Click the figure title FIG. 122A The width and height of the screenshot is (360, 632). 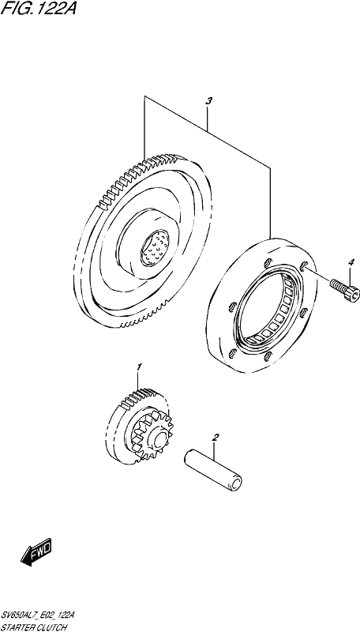pyautogui.click(x=39, y=8)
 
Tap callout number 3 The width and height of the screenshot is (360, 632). pyautogui.click(x=208, y=102)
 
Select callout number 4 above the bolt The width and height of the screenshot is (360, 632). pyautogui.click(x=351, y=263)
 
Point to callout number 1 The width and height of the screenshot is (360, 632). pyautogui.click(x=138, y=367)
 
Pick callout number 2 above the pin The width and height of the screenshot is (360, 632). pyautogui.click(x=216, y=437)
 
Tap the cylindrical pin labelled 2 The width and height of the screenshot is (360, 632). pyautogui.click(x=213, y=470)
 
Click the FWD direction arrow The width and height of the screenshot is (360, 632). pyautogui.click(x=36, y=551)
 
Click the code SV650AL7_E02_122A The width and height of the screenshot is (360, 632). pyautogui.click(x=38, y=615)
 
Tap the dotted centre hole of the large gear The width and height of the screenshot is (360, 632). pyautogui.click(x=155, y=250)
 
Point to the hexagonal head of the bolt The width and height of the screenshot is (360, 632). pyautogui.click(x=353, y=293)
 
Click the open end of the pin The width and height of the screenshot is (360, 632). pyautogui.click(x=235, y=483)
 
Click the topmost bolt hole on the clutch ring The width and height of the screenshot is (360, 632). pyautogui.click(x=265, y=263)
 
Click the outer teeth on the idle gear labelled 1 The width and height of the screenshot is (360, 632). pyautogui.click(x=138, y=399)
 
